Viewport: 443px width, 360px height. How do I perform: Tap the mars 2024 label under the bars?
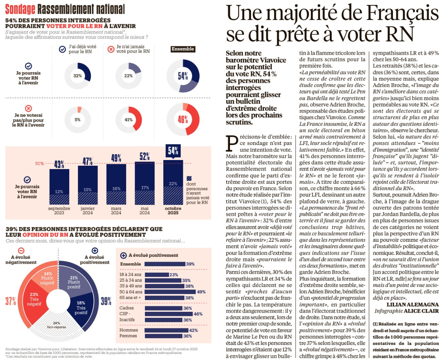[116, 211]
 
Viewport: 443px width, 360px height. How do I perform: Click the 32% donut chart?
[78, 76]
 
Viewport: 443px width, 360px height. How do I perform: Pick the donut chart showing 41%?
[128, 120]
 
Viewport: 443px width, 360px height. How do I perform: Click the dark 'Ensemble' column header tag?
[183, 49]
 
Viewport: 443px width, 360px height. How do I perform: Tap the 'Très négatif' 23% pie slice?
[34, 297]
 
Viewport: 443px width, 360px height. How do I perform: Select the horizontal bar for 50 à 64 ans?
[170, 292]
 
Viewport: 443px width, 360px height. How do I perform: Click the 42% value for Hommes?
[193, 330]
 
